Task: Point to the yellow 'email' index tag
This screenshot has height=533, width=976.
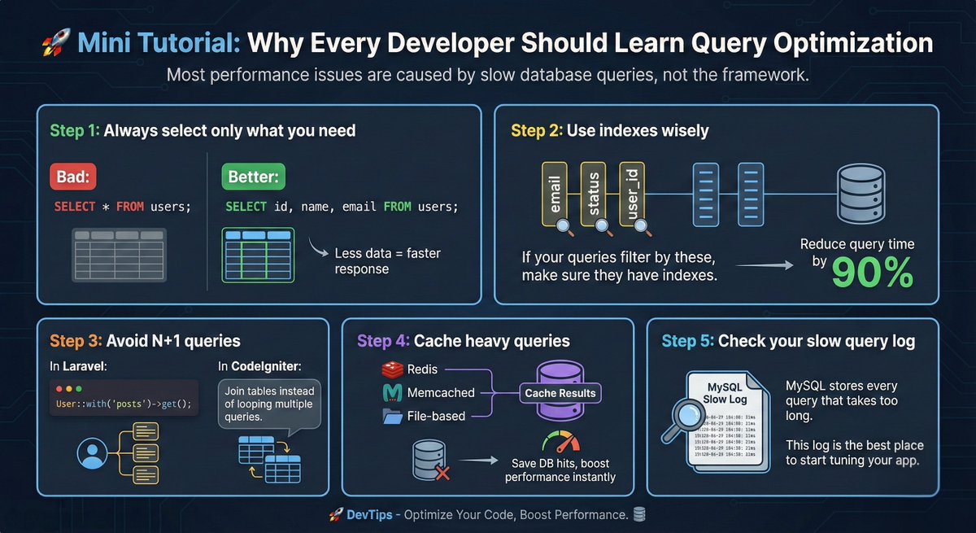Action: tap(556, 194)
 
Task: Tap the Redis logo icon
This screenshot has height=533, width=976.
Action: tap(393, 369)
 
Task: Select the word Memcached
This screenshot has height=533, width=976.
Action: tap(441, 392)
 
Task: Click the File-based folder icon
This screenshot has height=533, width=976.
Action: tap(393, 417)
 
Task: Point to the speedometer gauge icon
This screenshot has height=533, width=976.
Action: tap(561, 443)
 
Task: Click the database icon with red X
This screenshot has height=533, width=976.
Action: tap(429, 460)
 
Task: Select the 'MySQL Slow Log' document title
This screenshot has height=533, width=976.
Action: tap(725, 392)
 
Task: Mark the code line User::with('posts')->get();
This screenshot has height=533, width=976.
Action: tap(123, 404)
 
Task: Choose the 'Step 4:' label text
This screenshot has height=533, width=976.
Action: tap(383, 341)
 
